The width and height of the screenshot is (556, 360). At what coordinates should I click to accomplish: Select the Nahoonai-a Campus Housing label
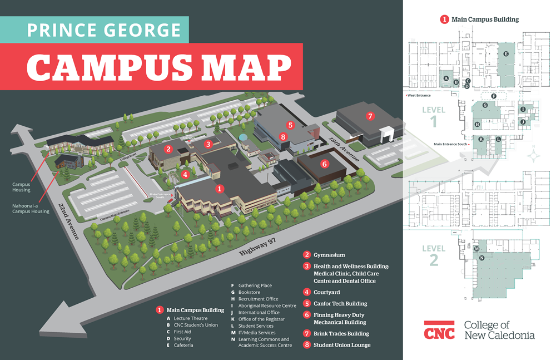30,209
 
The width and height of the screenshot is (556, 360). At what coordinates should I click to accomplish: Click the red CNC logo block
439,331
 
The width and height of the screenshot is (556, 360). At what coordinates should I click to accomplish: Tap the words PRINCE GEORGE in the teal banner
103,29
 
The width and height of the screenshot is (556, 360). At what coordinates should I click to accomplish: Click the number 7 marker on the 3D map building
370,116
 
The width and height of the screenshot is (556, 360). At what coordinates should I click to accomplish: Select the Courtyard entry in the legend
326,292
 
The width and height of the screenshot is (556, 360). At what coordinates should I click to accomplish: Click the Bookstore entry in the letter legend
249,292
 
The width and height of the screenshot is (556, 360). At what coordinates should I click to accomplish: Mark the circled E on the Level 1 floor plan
506,53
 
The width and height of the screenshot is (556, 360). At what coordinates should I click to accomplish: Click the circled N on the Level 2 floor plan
481,258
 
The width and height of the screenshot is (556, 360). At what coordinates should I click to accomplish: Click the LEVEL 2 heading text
434,254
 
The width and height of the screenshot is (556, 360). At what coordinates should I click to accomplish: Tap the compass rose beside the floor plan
534,155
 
